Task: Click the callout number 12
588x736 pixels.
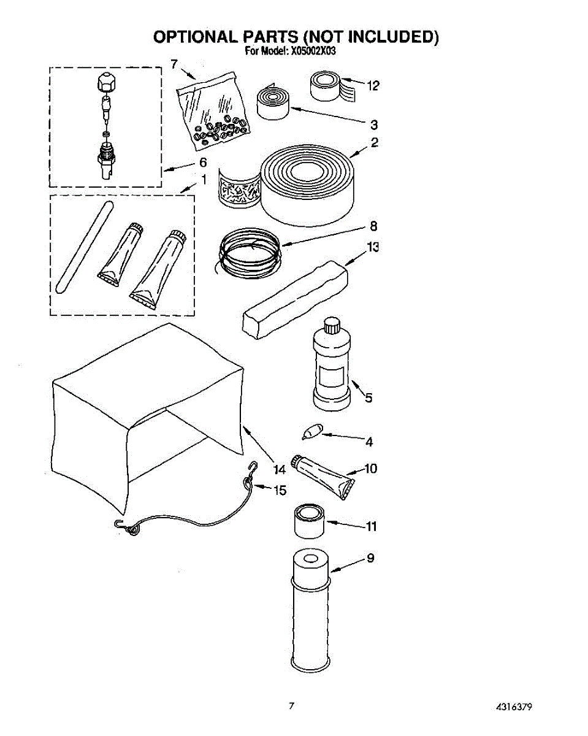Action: click(373, 86)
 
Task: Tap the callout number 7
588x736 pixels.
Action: click(174, 64)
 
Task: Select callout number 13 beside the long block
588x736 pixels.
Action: click(372, 247)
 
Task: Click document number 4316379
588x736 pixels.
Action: click(513, 707)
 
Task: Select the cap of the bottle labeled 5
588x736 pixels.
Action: click(332, 323)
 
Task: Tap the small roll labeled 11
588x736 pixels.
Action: click(308, 521)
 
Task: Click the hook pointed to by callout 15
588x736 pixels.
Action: click(249, 476)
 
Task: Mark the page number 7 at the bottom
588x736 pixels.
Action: click(292, 706)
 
